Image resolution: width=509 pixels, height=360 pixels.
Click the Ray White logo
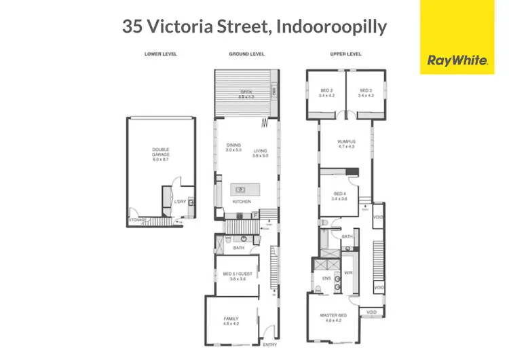click(x=457, y=60)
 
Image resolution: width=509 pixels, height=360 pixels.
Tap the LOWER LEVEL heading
click(x=160, y=54)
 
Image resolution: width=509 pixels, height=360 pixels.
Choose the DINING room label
click(x=233, y=145)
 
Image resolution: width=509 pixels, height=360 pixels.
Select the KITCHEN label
click(x=242, y=202)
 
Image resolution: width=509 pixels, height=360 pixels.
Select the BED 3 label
click(x=366, y=90)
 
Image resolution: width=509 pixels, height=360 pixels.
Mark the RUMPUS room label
click(x=346, y=142)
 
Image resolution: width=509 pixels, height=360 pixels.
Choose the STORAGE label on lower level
click(x=138, y=220)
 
